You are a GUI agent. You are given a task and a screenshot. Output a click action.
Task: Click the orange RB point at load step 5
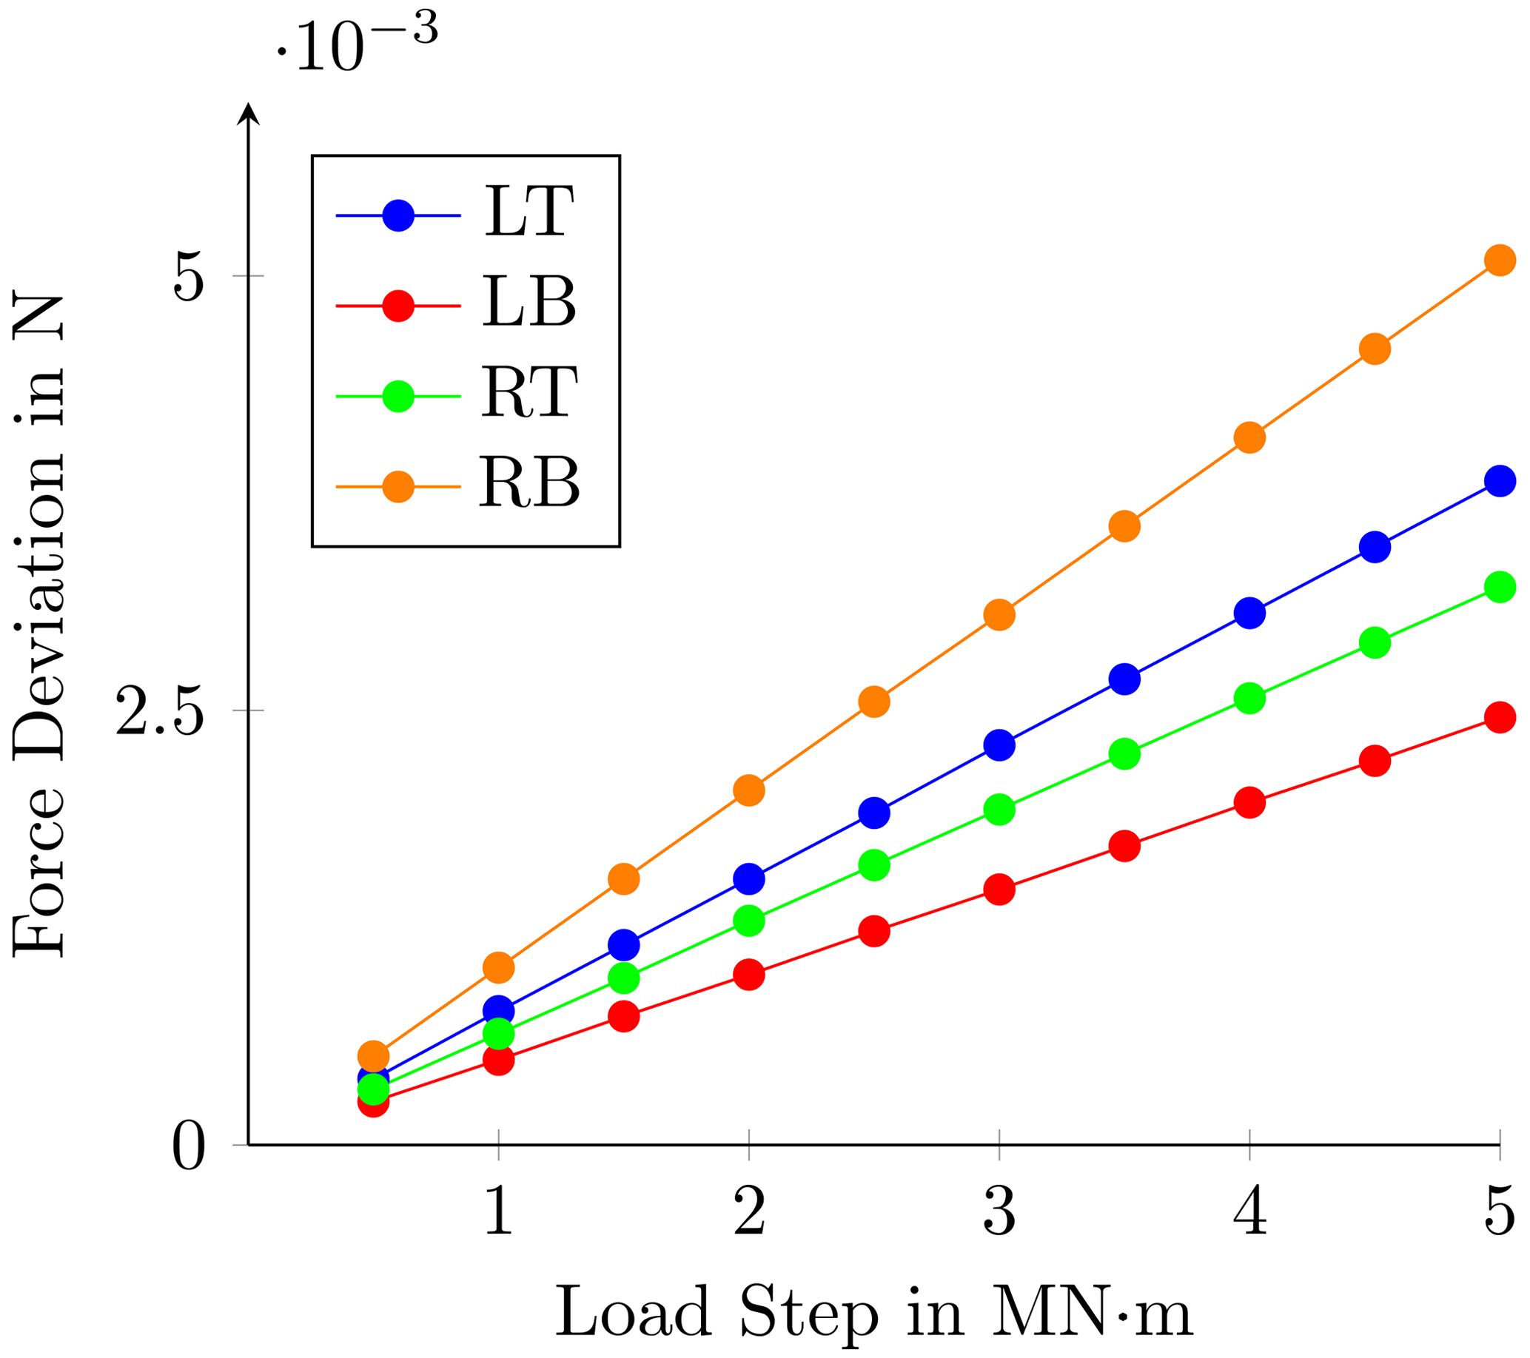coord(1500,260)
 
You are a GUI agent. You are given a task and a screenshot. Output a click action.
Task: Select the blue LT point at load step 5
coord(1500,480)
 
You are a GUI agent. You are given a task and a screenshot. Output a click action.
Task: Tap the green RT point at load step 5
coord(1500,587)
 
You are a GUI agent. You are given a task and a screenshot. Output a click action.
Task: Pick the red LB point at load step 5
coord(1500,718)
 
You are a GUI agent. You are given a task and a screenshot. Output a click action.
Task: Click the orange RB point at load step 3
coord(999,615)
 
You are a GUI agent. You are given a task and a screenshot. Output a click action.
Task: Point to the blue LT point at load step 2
coord(748,878)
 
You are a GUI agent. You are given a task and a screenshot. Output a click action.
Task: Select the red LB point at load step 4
coord(1249,803)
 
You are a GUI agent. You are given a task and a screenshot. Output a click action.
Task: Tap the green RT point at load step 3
coord(999,809)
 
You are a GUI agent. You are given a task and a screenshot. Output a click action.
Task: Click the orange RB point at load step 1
coord(498,967)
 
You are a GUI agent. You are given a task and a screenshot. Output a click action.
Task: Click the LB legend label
coord(529,302)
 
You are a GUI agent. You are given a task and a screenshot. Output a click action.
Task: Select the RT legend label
coord(529,393)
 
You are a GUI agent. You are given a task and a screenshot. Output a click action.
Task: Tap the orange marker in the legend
coord(398,487)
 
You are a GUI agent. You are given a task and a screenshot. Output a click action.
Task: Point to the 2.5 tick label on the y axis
coord(159,710)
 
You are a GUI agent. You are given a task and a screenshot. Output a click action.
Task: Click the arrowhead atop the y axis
coord(248,115)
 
